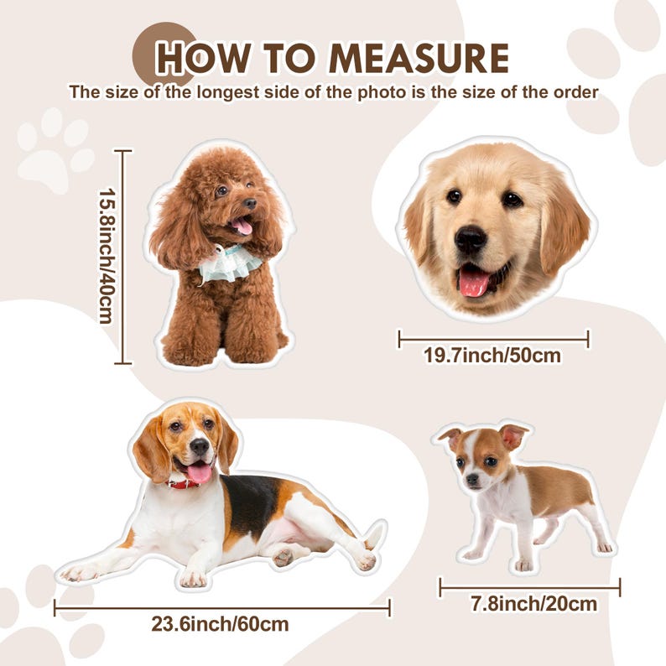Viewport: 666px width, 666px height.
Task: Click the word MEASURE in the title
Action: [419, 58]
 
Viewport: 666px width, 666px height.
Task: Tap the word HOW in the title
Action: [204, 58]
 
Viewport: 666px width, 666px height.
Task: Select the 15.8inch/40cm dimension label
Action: [107, 256]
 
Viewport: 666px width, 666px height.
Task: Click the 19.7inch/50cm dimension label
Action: [492, 356]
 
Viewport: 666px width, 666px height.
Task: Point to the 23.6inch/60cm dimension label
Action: [220, 624]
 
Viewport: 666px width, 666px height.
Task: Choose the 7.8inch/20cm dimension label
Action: [534, 604]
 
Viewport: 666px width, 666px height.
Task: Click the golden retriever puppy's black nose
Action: [471, 239]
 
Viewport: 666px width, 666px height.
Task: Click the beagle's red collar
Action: [184, 484]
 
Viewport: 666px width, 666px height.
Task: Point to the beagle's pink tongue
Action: [199, 472]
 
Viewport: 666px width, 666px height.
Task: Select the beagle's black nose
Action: [199, 446]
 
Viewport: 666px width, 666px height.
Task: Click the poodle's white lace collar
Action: [229, 263]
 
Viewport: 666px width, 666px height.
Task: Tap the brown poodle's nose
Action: [250, 204]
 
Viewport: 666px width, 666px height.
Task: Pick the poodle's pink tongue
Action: [243, 226]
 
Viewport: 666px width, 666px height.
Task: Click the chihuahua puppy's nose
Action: [472, 479]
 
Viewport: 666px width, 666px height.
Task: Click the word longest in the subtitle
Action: [227, 92]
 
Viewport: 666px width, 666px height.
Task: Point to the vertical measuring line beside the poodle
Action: [123, 257]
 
